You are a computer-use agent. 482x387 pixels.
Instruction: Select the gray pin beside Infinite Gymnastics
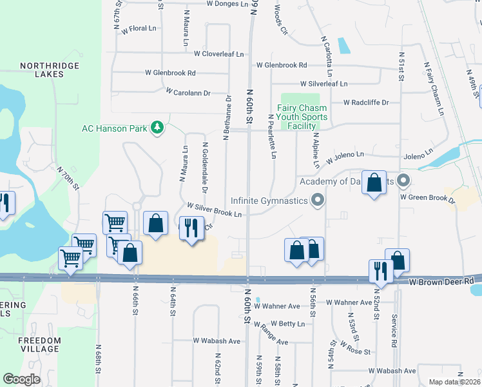coord(316,201)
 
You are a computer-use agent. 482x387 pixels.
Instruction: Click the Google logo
coord(21,379)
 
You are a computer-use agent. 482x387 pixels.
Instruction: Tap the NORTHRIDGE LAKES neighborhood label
coord(41,70)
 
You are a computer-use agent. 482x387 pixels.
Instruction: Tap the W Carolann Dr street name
coord(188,92)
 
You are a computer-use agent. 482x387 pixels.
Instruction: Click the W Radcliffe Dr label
coord(366,102)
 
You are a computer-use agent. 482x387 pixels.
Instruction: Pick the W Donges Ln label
coord(227,4)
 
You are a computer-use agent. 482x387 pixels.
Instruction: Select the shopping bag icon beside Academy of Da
coord(374,183)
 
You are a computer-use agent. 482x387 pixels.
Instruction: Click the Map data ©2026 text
coord(454,382)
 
